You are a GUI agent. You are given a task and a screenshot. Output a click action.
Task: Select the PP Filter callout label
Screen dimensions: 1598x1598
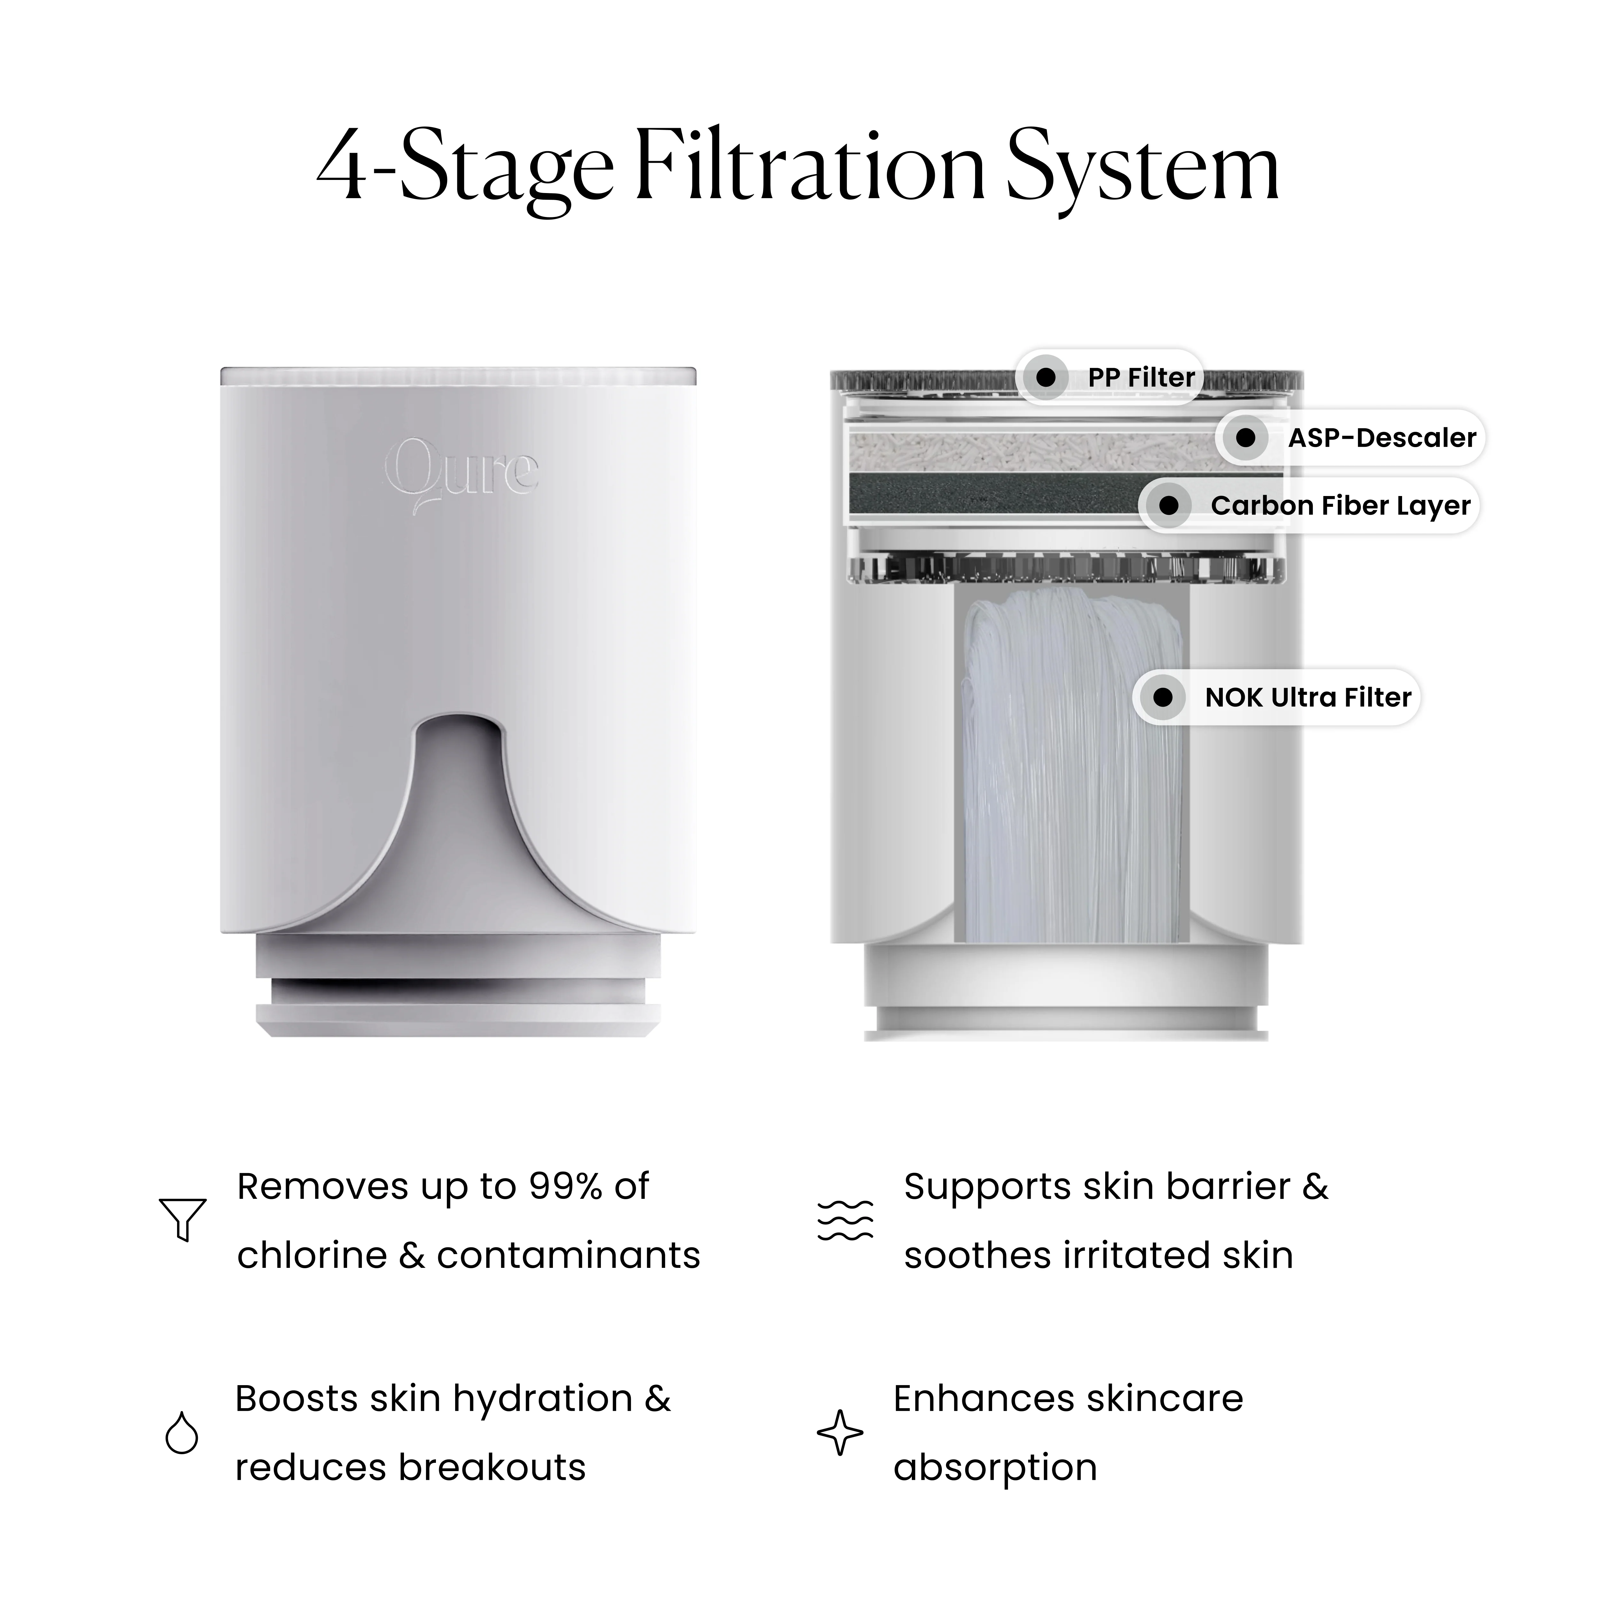pos(1109,377)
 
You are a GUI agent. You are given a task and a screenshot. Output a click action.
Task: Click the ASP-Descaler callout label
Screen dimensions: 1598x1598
pos(1350,438)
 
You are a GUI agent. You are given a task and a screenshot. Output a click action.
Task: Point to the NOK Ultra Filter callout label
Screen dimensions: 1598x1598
pos(1276,697)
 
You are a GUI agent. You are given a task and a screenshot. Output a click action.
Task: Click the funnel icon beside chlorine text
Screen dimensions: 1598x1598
pos(182,1219)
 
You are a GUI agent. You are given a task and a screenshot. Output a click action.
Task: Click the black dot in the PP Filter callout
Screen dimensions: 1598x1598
pos(1046,377)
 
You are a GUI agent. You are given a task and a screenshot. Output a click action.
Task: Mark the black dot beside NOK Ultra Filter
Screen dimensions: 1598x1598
pos(1163,697)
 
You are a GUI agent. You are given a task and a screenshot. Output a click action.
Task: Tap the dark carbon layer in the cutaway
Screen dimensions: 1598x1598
pos(993,495)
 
